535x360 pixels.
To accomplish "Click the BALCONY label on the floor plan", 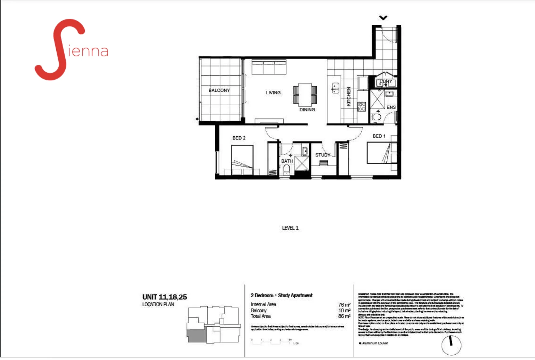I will point(219,90).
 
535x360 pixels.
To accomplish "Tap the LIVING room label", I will point(273,93).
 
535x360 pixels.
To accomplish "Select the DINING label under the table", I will point(307,110).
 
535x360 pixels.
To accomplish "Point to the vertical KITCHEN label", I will point(349,97).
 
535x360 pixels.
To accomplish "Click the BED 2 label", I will point(239,138).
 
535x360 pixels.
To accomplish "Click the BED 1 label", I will point(379,136).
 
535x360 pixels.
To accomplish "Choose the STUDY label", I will point(322,155).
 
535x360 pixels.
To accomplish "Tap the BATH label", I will point(287,161).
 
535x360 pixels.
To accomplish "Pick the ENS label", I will point(391,107).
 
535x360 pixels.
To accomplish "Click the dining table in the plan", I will point(305,95).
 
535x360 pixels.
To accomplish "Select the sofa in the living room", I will point(269,67).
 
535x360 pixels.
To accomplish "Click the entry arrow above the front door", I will point(383,18).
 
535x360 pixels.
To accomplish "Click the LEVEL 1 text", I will point(290,228).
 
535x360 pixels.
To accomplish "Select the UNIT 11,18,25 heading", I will point(165,297).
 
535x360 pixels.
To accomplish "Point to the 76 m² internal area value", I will point(344,305).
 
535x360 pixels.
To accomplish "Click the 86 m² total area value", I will point(344,316).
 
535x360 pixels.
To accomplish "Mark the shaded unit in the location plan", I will point(197,336).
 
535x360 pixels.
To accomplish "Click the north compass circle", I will point(451,345).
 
